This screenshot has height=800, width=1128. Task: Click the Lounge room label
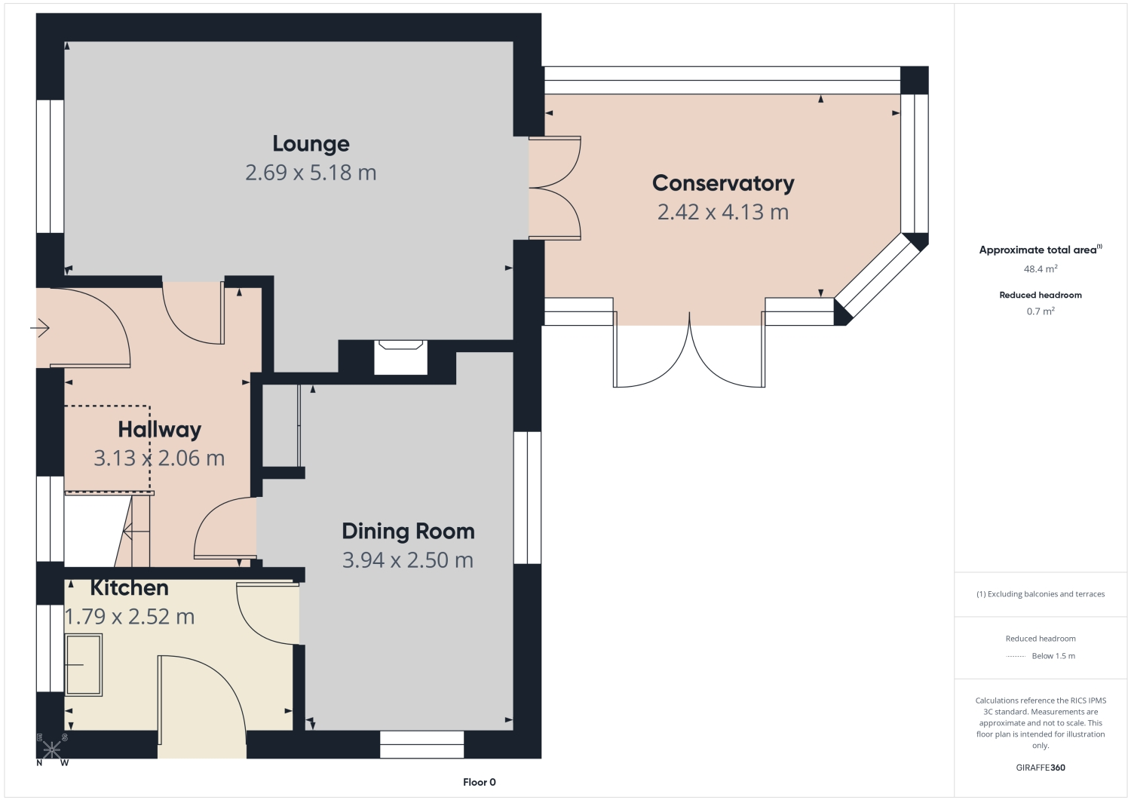pyautogui.click(x=311, y=144)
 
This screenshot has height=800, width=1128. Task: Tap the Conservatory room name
pyautogui.click(x=723, y=183)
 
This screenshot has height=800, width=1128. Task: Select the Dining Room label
pyautogui.click(x=408, y=532)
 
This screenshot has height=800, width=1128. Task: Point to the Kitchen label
pyautogui.click(x=130, y=588)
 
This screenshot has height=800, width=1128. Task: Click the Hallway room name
pyautogui.click(x=160, y=430)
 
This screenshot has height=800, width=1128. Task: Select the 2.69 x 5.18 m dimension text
pyautogui.click(x=311, y=173)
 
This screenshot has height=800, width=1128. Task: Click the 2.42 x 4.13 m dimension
pyautogui.click(x=723, y=212)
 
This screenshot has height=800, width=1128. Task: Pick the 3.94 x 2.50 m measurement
pyautogui.click(x=408, y=560)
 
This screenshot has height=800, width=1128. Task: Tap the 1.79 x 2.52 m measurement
pyautogui.click(x=130, y=617)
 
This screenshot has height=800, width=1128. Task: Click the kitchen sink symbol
pyautogui.click(x=84, y=664)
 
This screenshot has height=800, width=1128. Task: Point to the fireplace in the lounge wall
pyautogui.click(x=401, y=357)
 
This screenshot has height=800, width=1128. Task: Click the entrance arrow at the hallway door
pyautogui.click(x=40, y=328)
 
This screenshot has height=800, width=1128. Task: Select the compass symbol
pyautogui.click(x=52, y=750)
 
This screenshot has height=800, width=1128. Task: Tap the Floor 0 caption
pyautogui.click(x=480, y=782)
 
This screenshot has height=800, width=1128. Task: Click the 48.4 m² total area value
pyautogui.click(x=1041, y=269)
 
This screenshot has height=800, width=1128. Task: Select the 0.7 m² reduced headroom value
pyautogui.click(x=1041, y=311)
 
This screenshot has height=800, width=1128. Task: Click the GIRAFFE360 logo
pyautogui.click(x=1041, y=768)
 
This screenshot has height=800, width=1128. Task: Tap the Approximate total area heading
pyautogui.click(x=1041, y=250)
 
